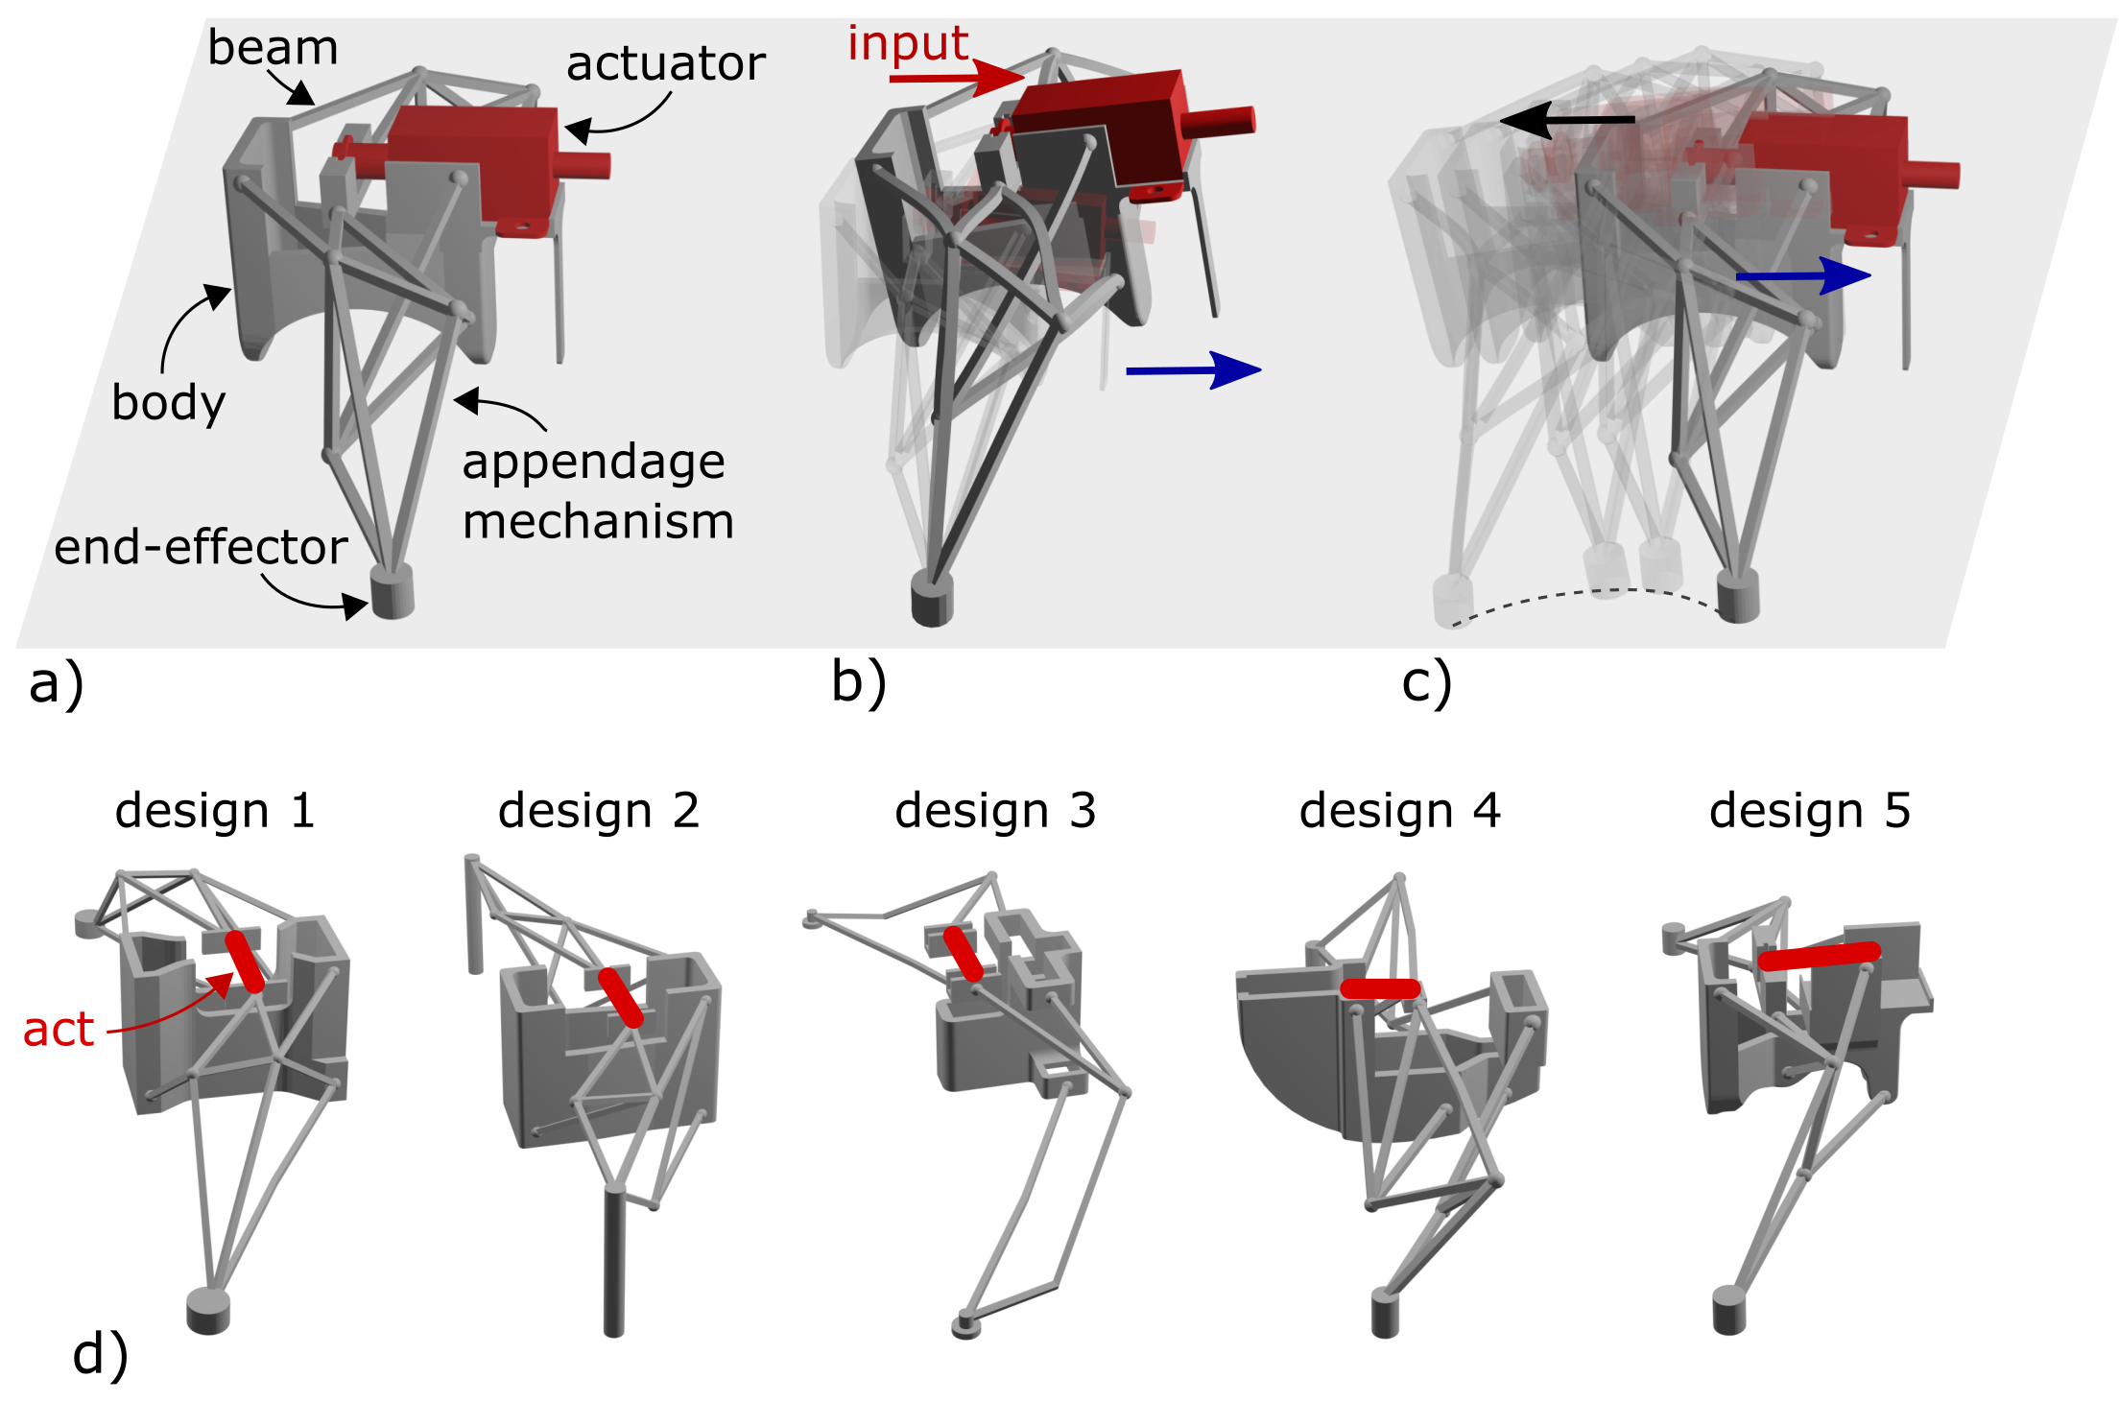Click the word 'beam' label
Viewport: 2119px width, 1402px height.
pyautogui.click(x=273, y=48)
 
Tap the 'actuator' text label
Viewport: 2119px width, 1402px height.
pyautogui.click(x=665, y=64)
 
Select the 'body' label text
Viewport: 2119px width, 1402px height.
pyautogui.click(x=169, y=403)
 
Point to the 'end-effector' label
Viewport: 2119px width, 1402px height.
pyautogui.click(x=201, y=548)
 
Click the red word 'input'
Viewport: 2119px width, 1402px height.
pyautogui.click(x=908, y=43)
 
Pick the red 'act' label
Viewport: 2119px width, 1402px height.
pyautogui.click(x=59, y=1031)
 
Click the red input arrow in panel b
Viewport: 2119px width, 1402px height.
pyautogui.click(x=957, y=78)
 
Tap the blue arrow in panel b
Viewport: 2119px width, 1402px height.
pyautogui.click(x=1193, y=369)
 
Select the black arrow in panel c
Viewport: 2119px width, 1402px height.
pyautogui.click(x=1567, y=120)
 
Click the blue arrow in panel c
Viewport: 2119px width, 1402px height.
pyautogui.click(x=1803, y=276)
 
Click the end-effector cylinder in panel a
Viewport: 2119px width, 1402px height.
pyautogui.click(x=392, y=591)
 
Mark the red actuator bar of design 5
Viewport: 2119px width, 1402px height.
pyautogui.click(x=1820, y=956)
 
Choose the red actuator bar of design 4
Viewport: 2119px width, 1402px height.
pyautogui.click(x=1381, y=988)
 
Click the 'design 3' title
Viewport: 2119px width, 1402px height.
pyautogui.click(x=995, y=812)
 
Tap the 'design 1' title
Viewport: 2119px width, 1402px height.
pyautogui.click(x=215, y=812)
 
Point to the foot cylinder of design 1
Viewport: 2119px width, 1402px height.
pyautogui.click(x=208, y=1310)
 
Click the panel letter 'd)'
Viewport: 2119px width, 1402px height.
pyautogui.click(x=100, y=1356)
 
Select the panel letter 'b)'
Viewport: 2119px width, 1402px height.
pyautogui.click(x=859, y=683)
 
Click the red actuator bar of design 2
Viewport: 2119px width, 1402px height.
pyautogui.click(x=621, y=998)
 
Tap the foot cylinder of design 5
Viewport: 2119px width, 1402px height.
pyautogui.click(x=1729, y=1311)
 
